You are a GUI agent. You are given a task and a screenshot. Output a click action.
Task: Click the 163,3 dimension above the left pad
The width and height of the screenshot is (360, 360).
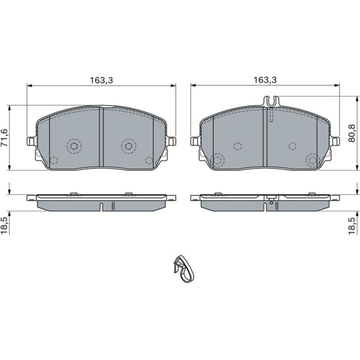[101, 80]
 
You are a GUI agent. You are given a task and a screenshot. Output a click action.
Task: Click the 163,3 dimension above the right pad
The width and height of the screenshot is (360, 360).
[265, 80]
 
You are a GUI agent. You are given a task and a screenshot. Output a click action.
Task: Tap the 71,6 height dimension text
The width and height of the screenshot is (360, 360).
[5, 138]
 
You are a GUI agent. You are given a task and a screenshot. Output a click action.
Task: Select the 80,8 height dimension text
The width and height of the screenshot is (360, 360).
[352, 133]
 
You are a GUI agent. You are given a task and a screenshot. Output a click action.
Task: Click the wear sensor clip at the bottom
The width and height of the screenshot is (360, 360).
[184, 268]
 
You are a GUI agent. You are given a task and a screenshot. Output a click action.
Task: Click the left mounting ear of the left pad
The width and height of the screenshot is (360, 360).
[31, 141]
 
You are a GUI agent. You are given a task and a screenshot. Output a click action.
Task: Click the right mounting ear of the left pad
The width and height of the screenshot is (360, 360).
[171, 141]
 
